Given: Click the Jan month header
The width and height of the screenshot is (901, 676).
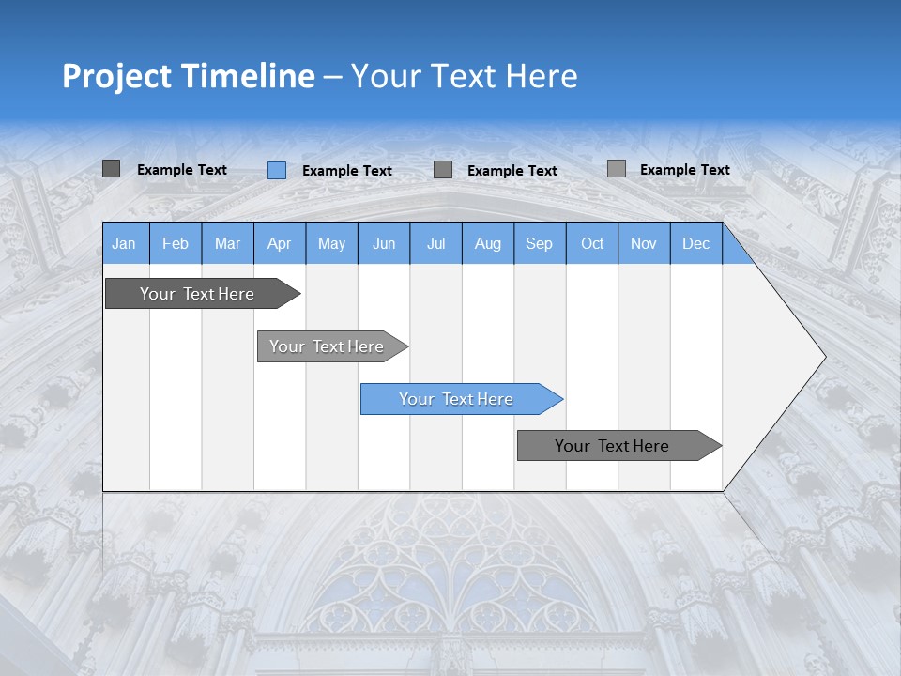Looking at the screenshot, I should coord(125,243).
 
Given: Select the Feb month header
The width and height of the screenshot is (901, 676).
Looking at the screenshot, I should coord(176,243).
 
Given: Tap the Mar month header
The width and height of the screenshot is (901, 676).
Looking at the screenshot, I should coord(227,243).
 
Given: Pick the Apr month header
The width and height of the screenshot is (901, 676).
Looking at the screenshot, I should coord(280,243).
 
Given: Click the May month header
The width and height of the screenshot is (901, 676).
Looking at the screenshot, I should coord(331,243).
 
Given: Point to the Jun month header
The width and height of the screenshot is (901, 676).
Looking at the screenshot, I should coord(384,243).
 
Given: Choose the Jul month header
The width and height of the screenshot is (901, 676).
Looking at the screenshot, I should coord(435,243).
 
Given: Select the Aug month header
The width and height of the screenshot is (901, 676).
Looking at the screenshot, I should coord(488,243).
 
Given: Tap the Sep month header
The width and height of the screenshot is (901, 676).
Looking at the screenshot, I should coord(540,243).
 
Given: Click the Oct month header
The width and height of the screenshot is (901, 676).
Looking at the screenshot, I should coord(592,243).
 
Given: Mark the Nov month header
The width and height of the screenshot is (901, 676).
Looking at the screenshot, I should coord(644,243).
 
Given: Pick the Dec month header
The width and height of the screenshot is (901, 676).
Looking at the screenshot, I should coord(696,243).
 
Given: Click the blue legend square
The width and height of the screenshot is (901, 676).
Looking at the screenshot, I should coord(277,170).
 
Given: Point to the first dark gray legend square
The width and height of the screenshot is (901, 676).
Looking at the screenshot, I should coord(111,169).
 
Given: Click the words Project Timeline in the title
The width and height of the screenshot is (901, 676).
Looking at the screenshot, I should coord(189,76).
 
